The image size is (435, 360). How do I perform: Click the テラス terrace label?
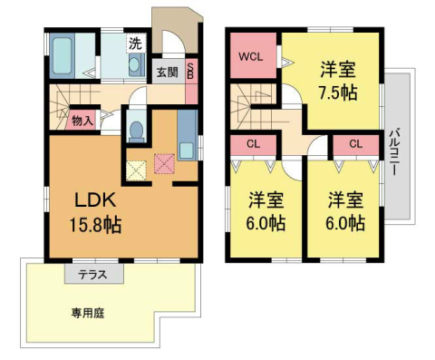tap(88, 272)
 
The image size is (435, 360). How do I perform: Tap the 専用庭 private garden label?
tap(88, 314)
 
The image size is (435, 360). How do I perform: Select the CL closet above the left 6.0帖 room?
tap(253, 143)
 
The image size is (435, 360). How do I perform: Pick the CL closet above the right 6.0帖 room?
tap(354, 143)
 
